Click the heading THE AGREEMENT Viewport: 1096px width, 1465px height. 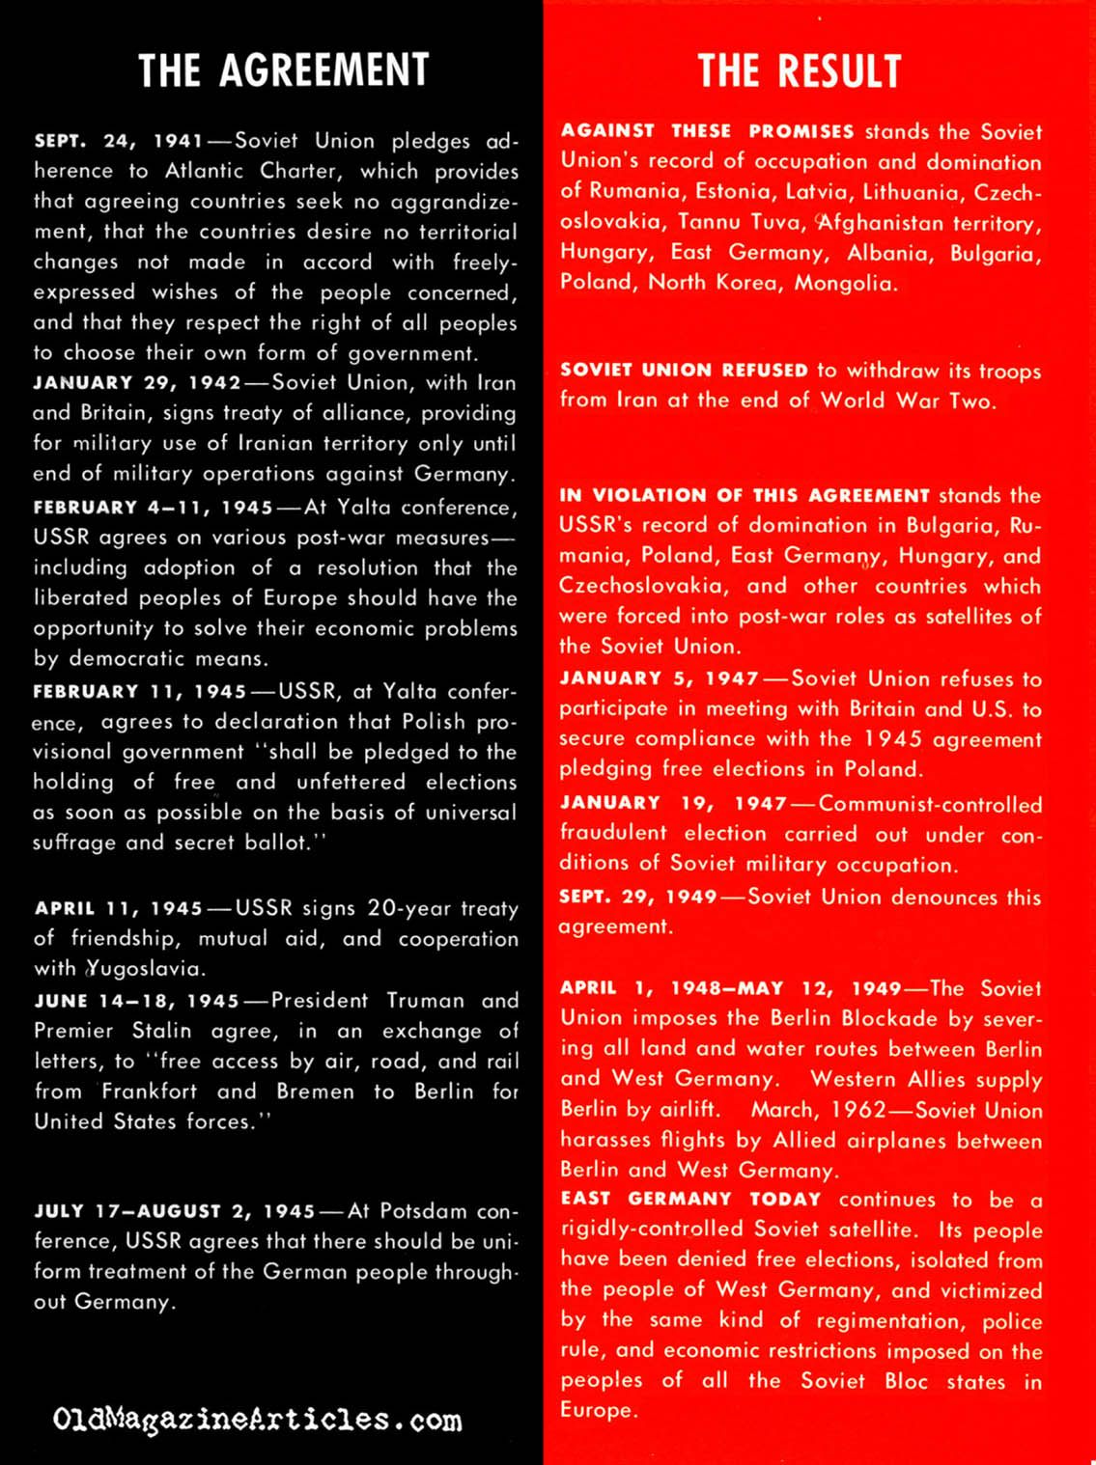point(283,70)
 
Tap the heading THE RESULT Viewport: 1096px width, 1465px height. point(799,71)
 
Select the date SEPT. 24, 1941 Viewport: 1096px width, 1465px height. point(119,141)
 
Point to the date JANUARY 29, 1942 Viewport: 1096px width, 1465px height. point(137,382)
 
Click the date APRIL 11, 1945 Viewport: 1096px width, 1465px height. point(119,908)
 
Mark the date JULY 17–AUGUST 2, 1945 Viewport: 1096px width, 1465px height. point(175,1211)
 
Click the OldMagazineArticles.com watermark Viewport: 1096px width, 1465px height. point(257,1420)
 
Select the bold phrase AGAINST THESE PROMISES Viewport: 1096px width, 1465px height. point(707,131)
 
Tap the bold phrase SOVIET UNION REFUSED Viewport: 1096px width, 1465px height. point(684,371)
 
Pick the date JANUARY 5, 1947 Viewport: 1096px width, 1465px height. point(660,678)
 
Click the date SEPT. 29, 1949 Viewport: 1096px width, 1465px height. point(637,897)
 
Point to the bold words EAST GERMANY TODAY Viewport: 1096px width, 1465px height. point(690,1200)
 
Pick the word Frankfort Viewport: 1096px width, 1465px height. point(150,1092)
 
